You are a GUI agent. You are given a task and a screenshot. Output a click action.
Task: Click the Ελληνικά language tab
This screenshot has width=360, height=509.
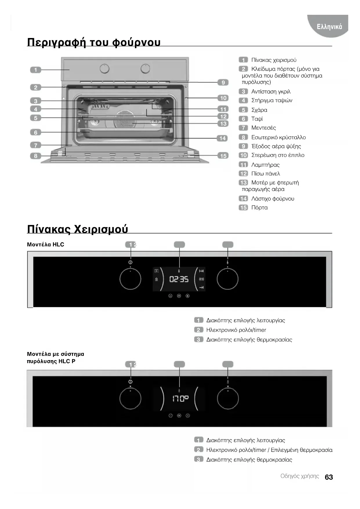coord(329,27)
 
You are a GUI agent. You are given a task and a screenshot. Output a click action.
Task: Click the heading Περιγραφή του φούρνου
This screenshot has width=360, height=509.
coord(94,42)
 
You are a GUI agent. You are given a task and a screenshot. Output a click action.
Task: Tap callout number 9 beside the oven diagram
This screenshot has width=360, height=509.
coord(223,82)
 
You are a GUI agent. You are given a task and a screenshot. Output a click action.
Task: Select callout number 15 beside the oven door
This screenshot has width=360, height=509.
coord(223,156)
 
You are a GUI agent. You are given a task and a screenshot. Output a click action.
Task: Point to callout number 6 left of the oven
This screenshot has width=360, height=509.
coord(35,132)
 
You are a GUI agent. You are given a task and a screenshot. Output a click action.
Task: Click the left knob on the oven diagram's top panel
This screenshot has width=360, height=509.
coord(104,69)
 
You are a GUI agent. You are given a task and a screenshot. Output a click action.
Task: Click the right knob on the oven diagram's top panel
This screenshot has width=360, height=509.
coord(145,69)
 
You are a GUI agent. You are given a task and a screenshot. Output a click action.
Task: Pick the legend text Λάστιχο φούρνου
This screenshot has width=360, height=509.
coord(272,199)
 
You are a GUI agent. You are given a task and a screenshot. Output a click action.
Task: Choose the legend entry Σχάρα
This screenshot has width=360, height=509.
coord(259,110)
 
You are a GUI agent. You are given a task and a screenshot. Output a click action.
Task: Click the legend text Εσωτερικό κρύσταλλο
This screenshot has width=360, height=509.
coord(278,137)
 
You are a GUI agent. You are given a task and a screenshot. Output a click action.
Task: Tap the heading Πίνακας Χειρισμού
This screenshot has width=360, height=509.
coord(77,229)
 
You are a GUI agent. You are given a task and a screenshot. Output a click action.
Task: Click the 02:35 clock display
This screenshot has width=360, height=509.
coord(179,279)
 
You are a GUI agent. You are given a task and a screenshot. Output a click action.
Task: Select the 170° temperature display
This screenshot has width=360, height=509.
coord(180,398)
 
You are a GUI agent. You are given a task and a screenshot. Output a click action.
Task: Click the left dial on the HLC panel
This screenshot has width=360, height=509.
coord(130,279)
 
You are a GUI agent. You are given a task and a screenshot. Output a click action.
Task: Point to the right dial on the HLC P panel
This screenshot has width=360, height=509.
coord(228,398)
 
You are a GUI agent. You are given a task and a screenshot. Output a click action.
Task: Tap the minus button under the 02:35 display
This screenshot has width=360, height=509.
coord(170,296)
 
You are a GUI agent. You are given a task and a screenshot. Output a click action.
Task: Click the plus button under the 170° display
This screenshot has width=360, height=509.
coord(188,416)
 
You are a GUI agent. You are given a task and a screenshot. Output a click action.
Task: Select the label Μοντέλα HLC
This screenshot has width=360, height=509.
coord(46,245)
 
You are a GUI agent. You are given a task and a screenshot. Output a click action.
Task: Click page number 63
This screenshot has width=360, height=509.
coord(329,477)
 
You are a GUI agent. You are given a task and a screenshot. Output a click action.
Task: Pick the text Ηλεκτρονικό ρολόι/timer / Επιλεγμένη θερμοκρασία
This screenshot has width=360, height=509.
coord(269,450)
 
